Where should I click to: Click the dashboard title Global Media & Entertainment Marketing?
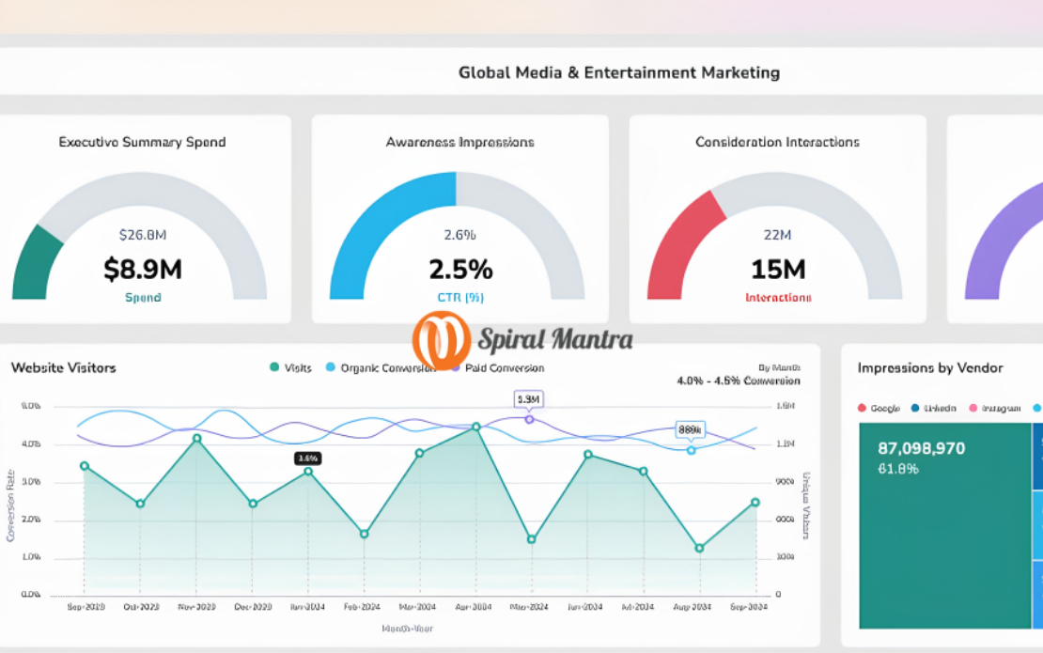click(x=618, y=72)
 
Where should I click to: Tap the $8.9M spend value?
click(x=143, y=270)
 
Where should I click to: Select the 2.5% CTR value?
click(x=460, y=270)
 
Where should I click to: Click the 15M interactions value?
click(x=778, y=270)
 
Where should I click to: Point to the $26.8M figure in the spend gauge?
click(x=143, y=234)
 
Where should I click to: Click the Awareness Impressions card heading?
click(x=459, y=142)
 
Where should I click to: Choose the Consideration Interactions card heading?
click(x=777, y=142)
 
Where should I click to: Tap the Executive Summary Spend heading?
click(x=142, y=142)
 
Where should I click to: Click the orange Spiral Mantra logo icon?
click(x=441, y=339)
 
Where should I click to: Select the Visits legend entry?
click(x=291, y=367)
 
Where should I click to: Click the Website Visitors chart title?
click(x=64, y=367)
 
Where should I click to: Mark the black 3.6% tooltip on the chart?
click(x=308, y=459)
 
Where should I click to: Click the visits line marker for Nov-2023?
click(x=196, y=438)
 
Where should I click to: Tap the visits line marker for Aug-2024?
click(x=700, y=548)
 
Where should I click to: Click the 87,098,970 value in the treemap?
click(x=921, y=448)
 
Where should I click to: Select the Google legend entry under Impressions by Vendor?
click(x=880, y=408)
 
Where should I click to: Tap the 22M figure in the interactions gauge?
click(x=778, y=234)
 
